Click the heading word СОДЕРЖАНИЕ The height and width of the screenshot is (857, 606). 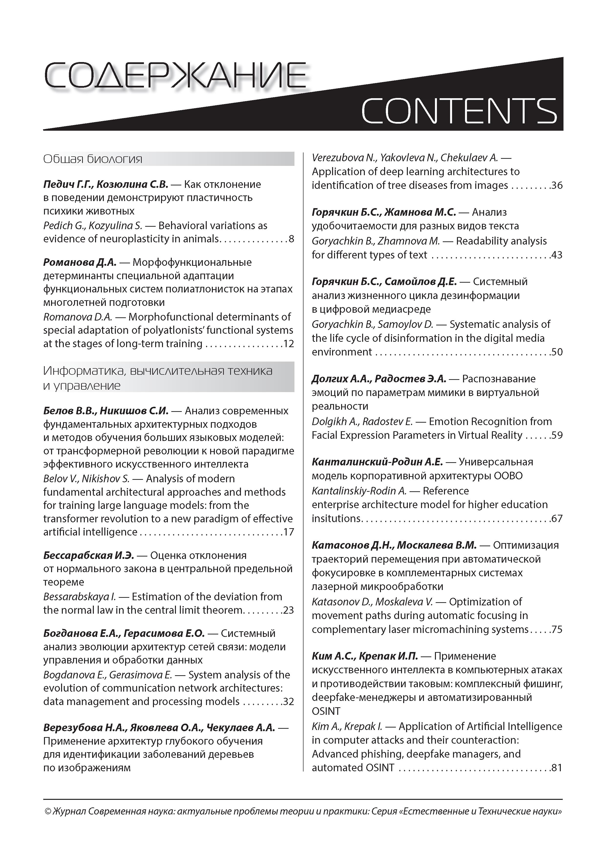click(175, 76)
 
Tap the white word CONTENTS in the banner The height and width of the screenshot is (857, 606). click(459, 111)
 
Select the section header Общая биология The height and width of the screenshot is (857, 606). click(93, 159)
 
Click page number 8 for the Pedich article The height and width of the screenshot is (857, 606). click(291, 239)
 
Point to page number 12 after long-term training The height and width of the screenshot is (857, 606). click(289, 343)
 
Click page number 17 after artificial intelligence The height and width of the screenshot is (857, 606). click(289, 532)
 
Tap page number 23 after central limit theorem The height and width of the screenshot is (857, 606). click(289, 610)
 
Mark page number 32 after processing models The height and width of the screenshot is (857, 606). click(289, 701)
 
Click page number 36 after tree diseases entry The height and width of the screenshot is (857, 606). click(557, 185)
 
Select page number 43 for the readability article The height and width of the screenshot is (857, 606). click(557, 255)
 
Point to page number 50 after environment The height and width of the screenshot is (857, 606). click(557, 352)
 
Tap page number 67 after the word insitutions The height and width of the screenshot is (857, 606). click(557, 518)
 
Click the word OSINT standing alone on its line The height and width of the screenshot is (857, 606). click(326, 711)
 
